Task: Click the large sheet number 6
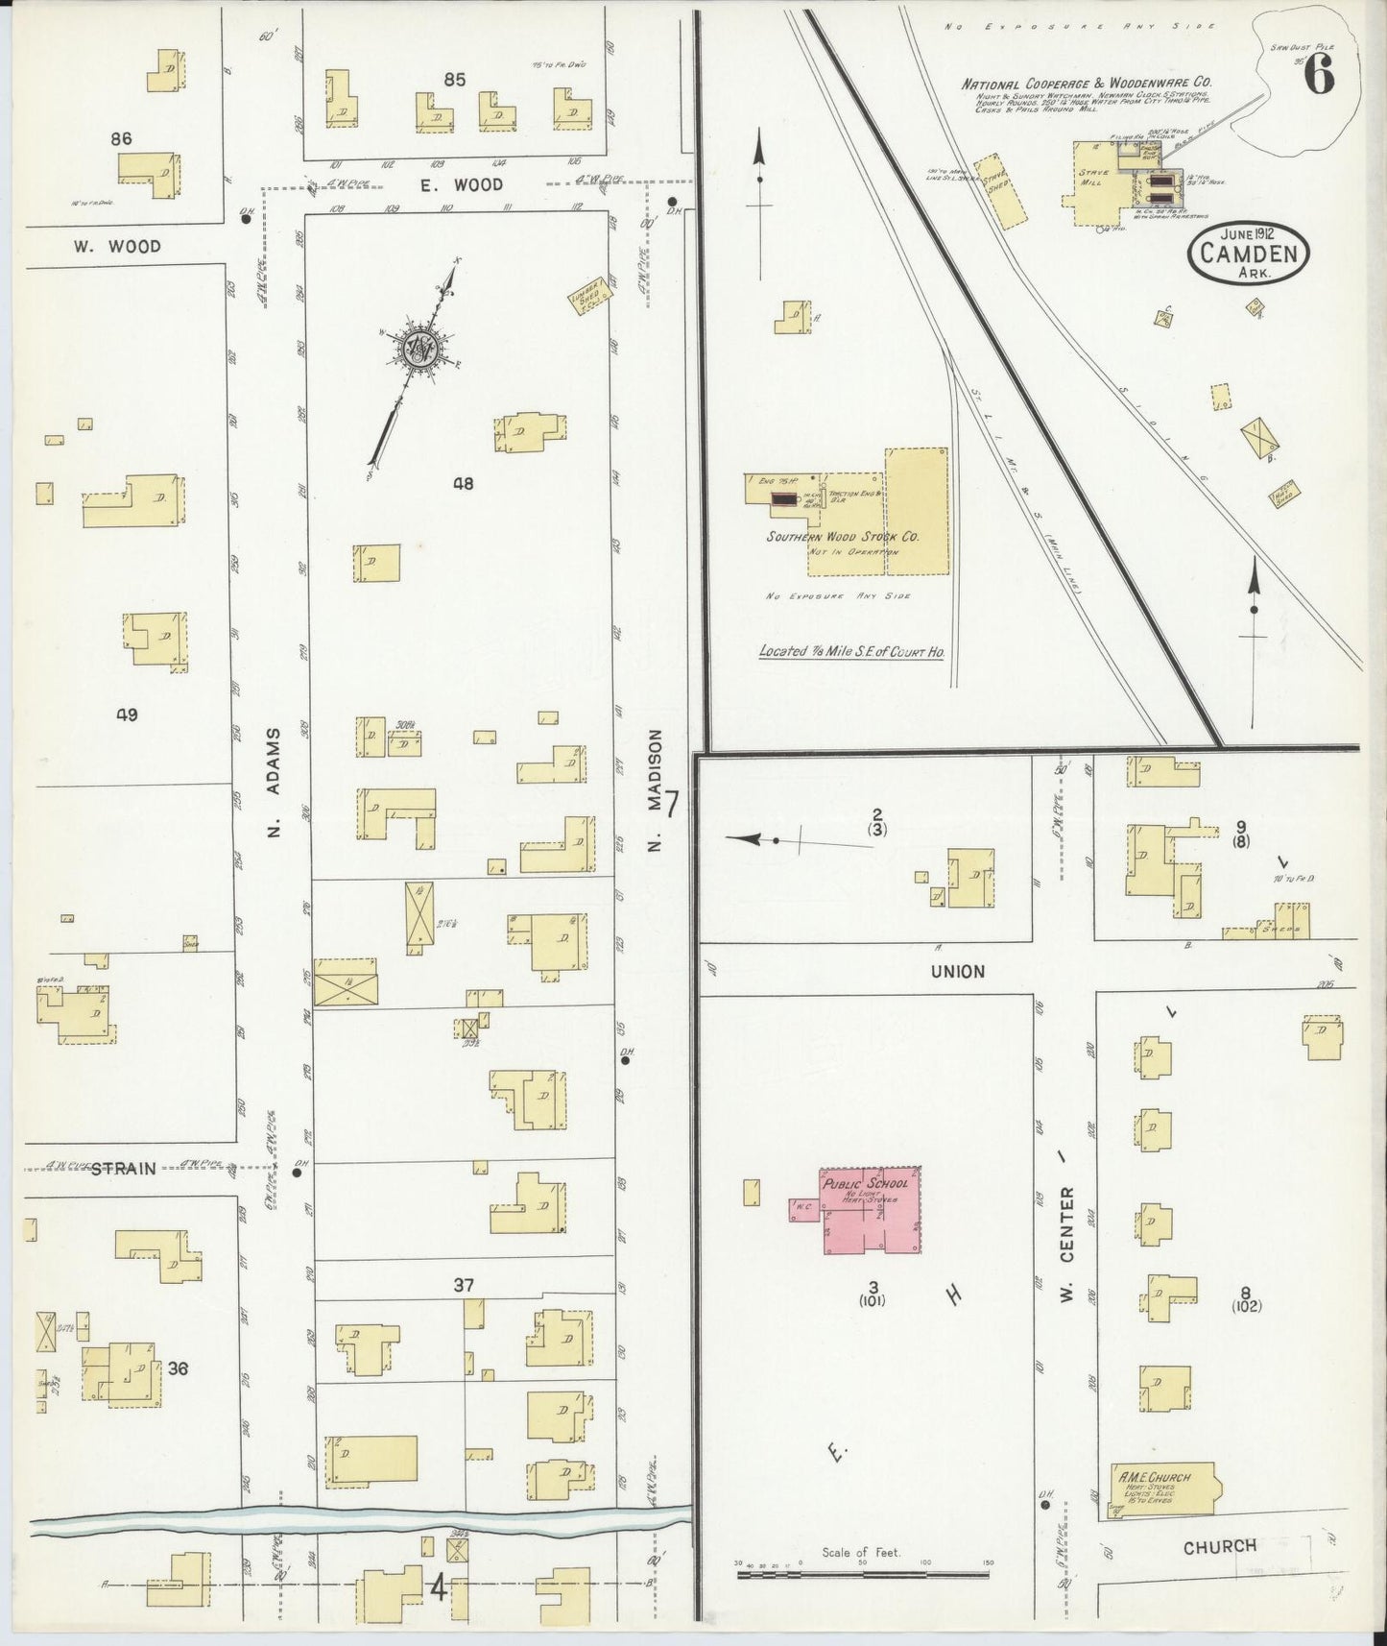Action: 1319,75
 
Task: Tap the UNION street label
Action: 957,972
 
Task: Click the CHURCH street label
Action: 1219,1547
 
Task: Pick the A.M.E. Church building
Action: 1161,1489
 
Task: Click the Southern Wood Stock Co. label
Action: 842,537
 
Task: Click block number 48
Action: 464,484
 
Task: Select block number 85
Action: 454,80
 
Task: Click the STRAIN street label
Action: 123,1169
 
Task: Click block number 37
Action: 464,1285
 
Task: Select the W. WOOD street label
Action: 117,247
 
